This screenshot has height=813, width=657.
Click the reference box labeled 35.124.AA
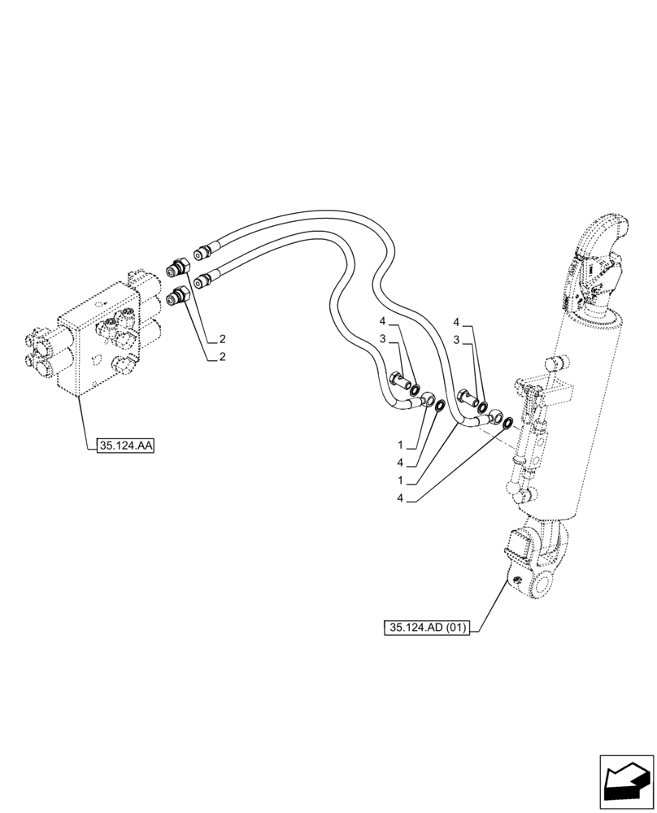pos(125,446)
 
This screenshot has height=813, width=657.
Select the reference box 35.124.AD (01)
pos(429,628)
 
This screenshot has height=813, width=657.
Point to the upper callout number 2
pos(221,339)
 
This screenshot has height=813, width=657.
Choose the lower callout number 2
pos(221,357)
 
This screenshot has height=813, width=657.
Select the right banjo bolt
pos(467,398)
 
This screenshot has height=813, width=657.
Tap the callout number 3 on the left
pos(381,339)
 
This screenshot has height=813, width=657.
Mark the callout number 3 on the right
pos(457,339)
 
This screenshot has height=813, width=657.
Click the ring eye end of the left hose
pos(426,399)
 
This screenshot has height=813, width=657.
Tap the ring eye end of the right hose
pos(494,418)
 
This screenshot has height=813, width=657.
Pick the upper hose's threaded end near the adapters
pos(202,249)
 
